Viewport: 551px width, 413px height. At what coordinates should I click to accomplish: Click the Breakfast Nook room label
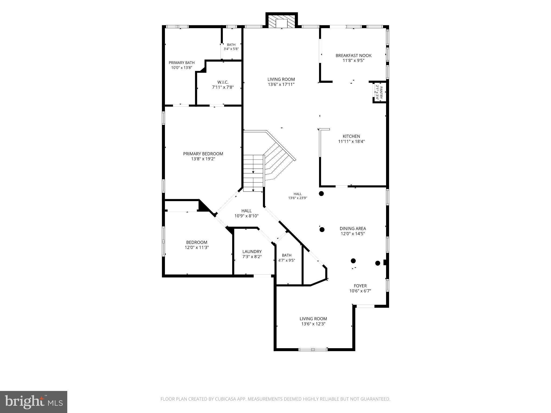click(x=354, y=56)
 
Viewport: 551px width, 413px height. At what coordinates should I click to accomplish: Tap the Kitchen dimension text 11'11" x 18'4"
click(x=351, y=141)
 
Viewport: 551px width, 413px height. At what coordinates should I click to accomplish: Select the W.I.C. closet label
click(x=223, y=82)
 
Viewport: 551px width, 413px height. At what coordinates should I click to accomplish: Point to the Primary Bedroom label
click(x=203, y=154)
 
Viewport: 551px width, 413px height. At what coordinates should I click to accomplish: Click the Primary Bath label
click(x=182, y=63)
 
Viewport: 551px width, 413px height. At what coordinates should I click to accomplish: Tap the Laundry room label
click(x=252, y=252)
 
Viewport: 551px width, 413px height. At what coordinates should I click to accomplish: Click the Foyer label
click(x=360, y=286)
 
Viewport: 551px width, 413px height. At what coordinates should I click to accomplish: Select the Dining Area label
click(x=353, y=229)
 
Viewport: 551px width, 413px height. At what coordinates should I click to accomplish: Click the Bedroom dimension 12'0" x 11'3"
click(x=197, y=247)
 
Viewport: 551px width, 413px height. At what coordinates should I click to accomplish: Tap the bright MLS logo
click(x=34, y=402)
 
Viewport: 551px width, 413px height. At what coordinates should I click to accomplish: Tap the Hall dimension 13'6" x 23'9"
click(x=298, y=198)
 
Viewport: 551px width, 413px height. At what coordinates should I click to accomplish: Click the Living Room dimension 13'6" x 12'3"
click(x=313, y=324)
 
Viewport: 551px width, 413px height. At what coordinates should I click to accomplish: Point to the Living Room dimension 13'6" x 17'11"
click(x=281, y=84)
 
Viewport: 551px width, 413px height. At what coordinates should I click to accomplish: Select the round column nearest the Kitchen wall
click(x=321, y=194)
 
